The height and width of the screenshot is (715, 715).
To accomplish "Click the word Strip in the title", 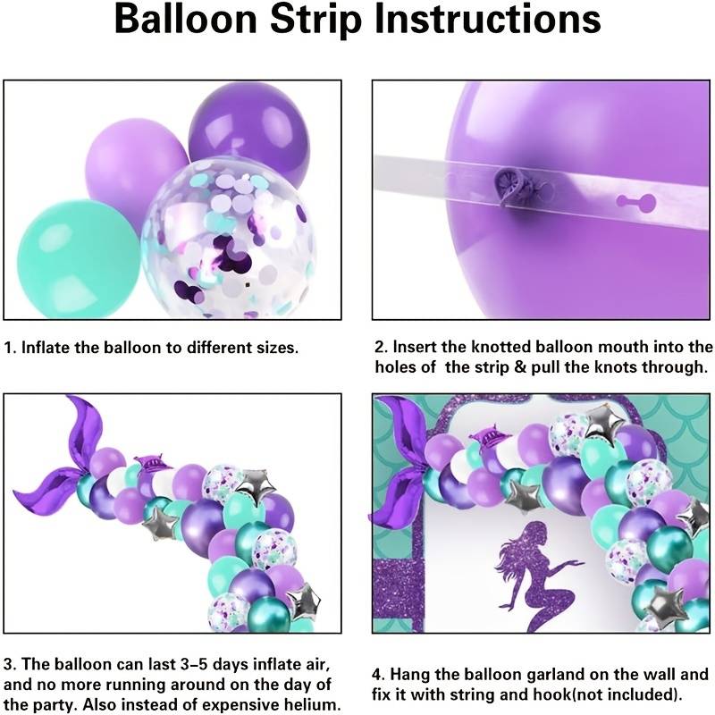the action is click(x=316, y=20).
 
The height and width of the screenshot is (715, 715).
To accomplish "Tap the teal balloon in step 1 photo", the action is click(x=78, y=257).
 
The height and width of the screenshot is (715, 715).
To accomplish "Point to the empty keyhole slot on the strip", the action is click(x=636, y=200).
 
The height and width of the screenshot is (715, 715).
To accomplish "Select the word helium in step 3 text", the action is click(x=311, y=704).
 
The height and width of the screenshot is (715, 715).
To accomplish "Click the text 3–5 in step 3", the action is click(x=192, y=664).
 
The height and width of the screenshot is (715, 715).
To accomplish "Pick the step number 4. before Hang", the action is click(x=380, y=675).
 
